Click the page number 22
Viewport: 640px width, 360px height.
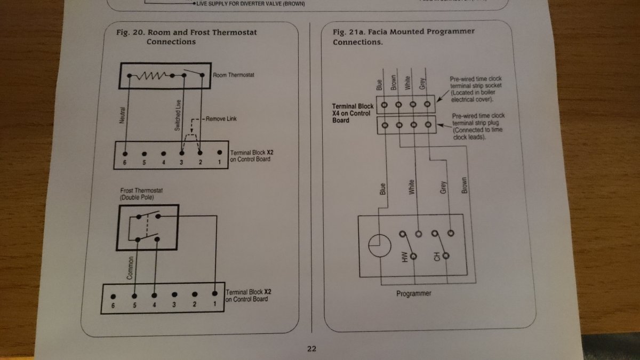312,349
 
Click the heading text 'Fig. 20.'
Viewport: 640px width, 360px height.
130,33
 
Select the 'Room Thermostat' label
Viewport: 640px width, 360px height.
234,75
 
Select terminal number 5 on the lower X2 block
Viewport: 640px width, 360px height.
134,305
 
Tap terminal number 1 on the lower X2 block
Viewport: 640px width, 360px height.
214,305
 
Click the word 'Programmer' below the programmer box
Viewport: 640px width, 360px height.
414,294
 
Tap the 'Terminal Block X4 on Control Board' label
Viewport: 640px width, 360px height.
353,114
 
